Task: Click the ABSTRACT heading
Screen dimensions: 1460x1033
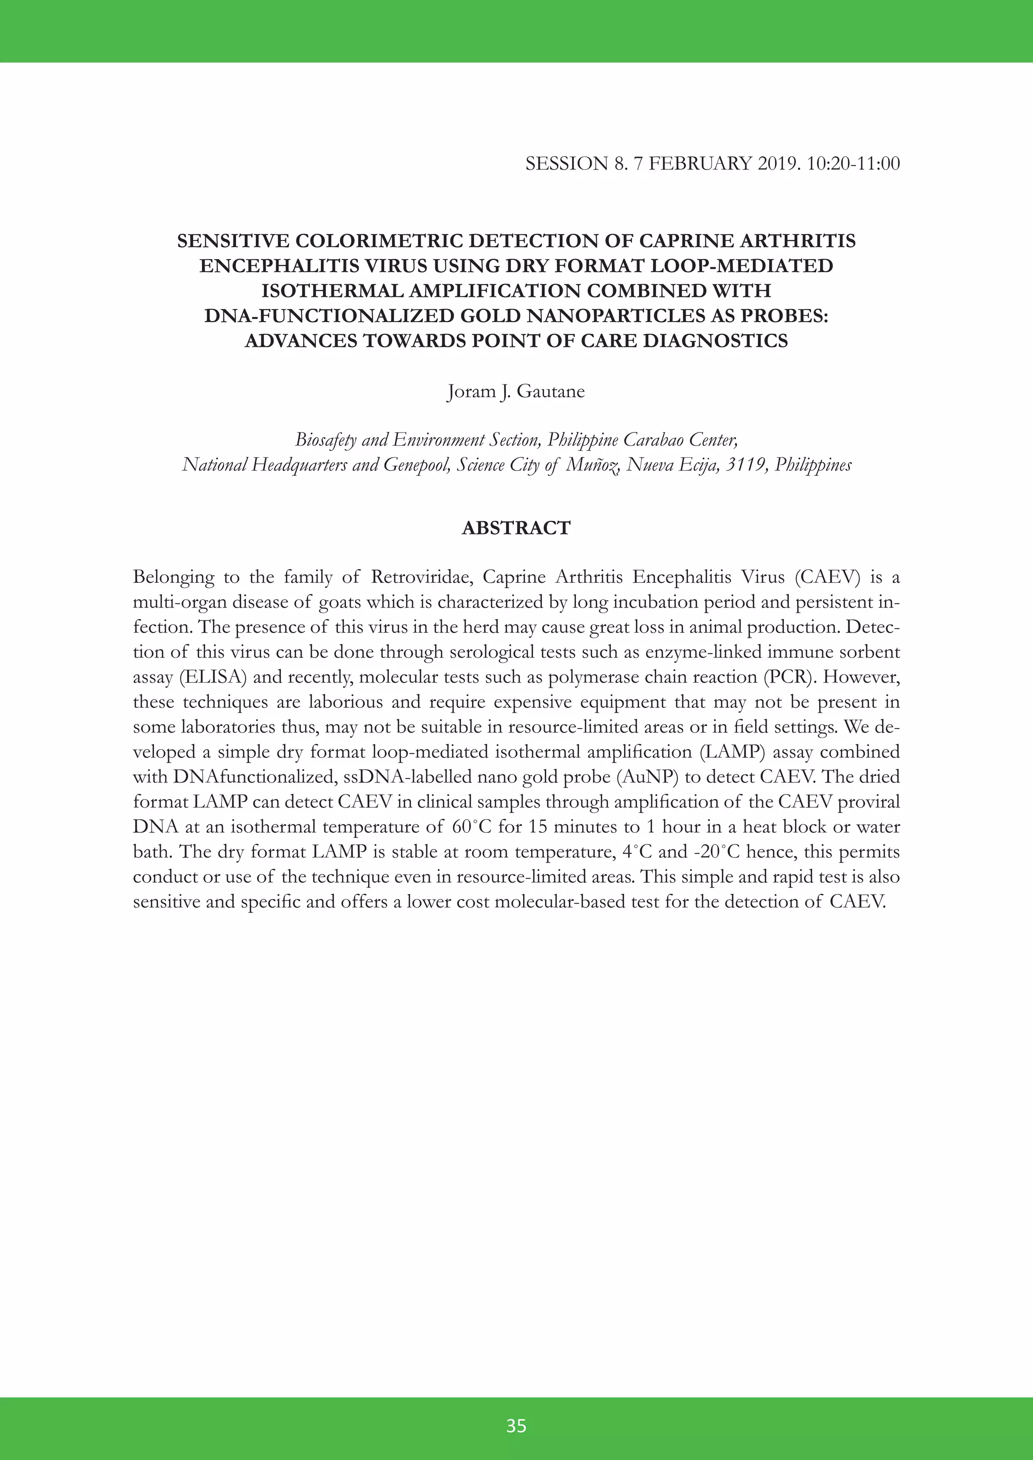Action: (x=516, y=528)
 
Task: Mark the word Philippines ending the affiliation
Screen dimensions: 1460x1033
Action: (x=813, y=465)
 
